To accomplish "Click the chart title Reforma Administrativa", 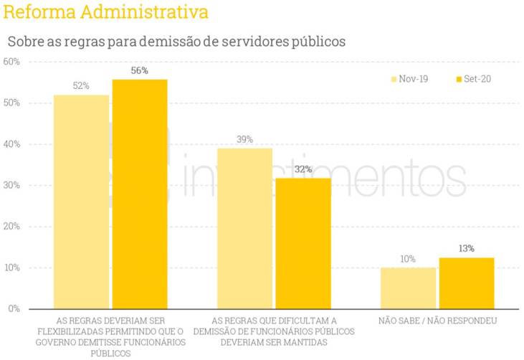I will pos(106,13).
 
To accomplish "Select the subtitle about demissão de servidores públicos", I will pos(176,41).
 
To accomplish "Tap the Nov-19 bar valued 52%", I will pos(81,202).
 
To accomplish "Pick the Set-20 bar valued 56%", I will pos(140,194).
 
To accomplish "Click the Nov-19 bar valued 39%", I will pos(244,228).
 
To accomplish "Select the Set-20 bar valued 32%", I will pos(303,243).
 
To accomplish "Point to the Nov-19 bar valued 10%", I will pos(408,288).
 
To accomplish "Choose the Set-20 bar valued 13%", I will pos(467,283).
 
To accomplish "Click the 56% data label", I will pos(140,70).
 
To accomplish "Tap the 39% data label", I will pos(244,139).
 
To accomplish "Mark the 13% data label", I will pos(467,248).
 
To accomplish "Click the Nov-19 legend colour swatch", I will pos(394,79).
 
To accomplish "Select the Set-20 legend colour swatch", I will pos(459,79).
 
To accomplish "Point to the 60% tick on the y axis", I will pos(11,62).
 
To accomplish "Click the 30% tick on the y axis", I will pos(11,185).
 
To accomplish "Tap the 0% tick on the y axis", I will pos(14,308).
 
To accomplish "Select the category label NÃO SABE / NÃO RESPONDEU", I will pos(437,320).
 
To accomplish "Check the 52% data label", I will pos(81,86).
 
